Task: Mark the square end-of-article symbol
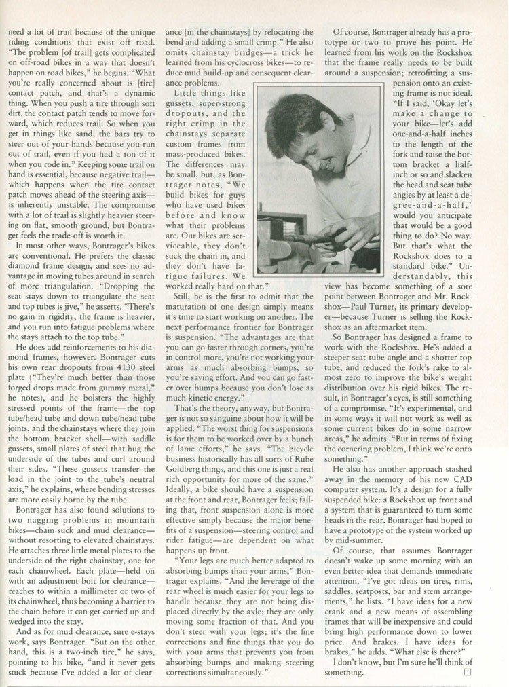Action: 466,672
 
